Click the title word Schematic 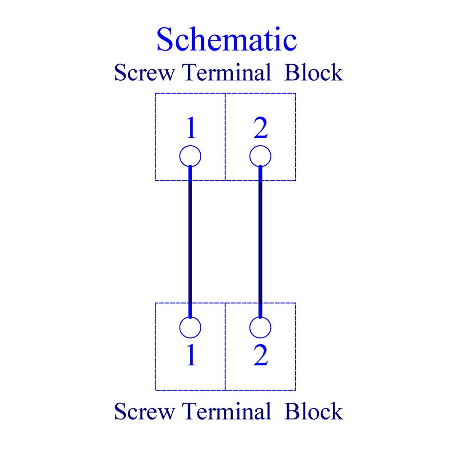[x=226, y=39]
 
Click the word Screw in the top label [x=144, y=72]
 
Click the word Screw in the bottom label [x=144, y=411]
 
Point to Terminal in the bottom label [x=227, y=411]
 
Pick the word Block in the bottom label [x=313, y=411]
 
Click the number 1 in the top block [x=191, y=128]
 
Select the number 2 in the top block [x=261, y=128]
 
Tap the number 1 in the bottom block [x=191, y=355]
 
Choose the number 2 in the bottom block [x=261, y=355]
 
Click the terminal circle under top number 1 [x=190, y=146]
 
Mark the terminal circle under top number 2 [x=260, y=146]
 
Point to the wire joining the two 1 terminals [x=190, y=242]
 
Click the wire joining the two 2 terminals [x=260, y=242]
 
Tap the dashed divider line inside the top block [x=225, y=137]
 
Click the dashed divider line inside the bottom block [x=225, y=346]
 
